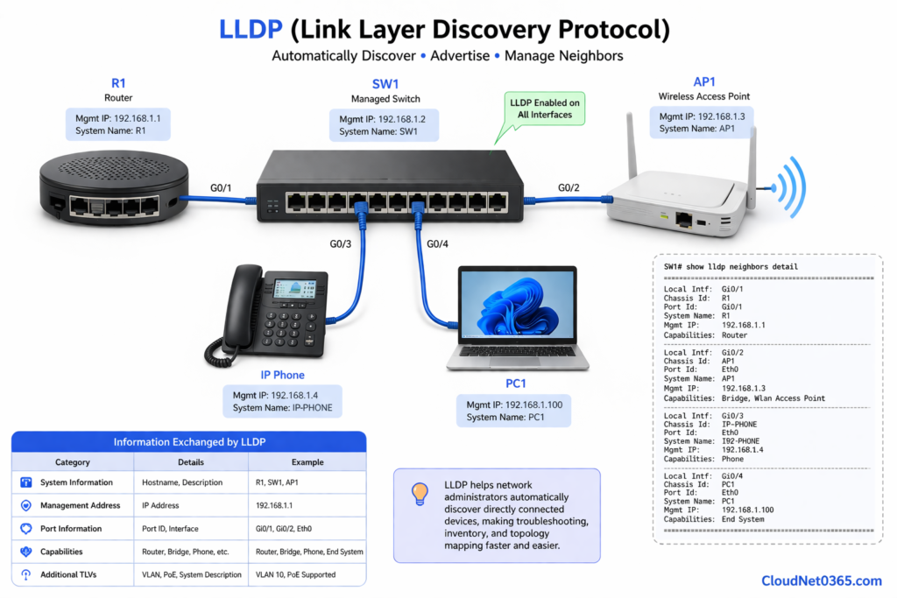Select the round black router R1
[114, 189]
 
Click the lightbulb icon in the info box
[419, 495]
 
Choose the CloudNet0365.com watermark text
[821, 580]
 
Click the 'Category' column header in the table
[72, 462]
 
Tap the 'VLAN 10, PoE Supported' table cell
[296, 574]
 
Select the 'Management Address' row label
[78, 505]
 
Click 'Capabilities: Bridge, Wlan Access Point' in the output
[745, 398]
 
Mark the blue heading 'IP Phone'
[282, 375]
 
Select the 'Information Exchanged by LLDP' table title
[188, 442]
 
